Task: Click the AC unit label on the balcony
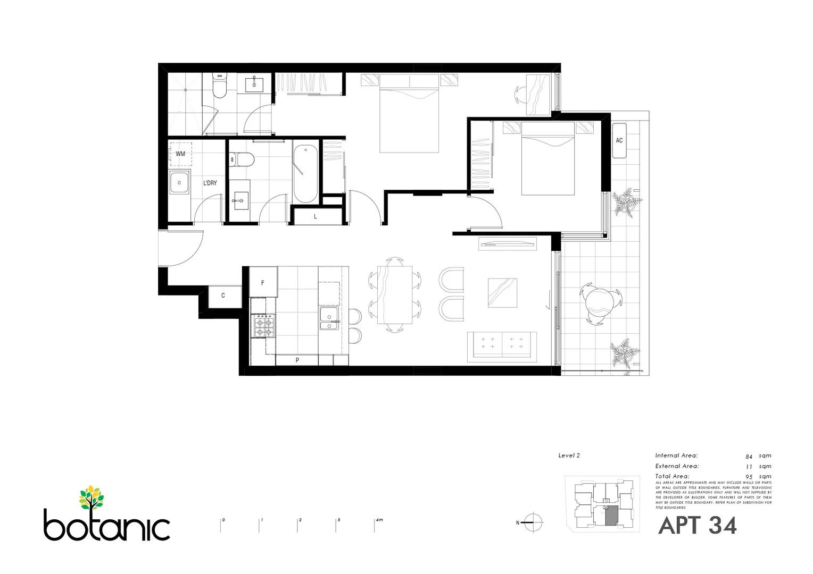[619, 140]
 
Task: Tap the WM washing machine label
[180, 154]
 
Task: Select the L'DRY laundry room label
[210, 183]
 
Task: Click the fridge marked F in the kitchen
[263, 283]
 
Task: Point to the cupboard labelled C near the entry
[223, 296]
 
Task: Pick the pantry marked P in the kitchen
[297, 360]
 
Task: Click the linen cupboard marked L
[316, 216]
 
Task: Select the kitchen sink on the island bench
[329, 317]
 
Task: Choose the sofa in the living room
[502, 346]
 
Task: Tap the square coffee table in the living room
[502, 293]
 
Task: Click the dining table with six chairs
[394, 295]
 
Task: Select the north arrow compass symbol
[533, 522]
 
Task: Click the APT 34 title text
[697, 526]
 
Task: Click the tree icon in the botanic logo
[92, 497]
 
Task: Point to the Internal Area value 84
[749, 456]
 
